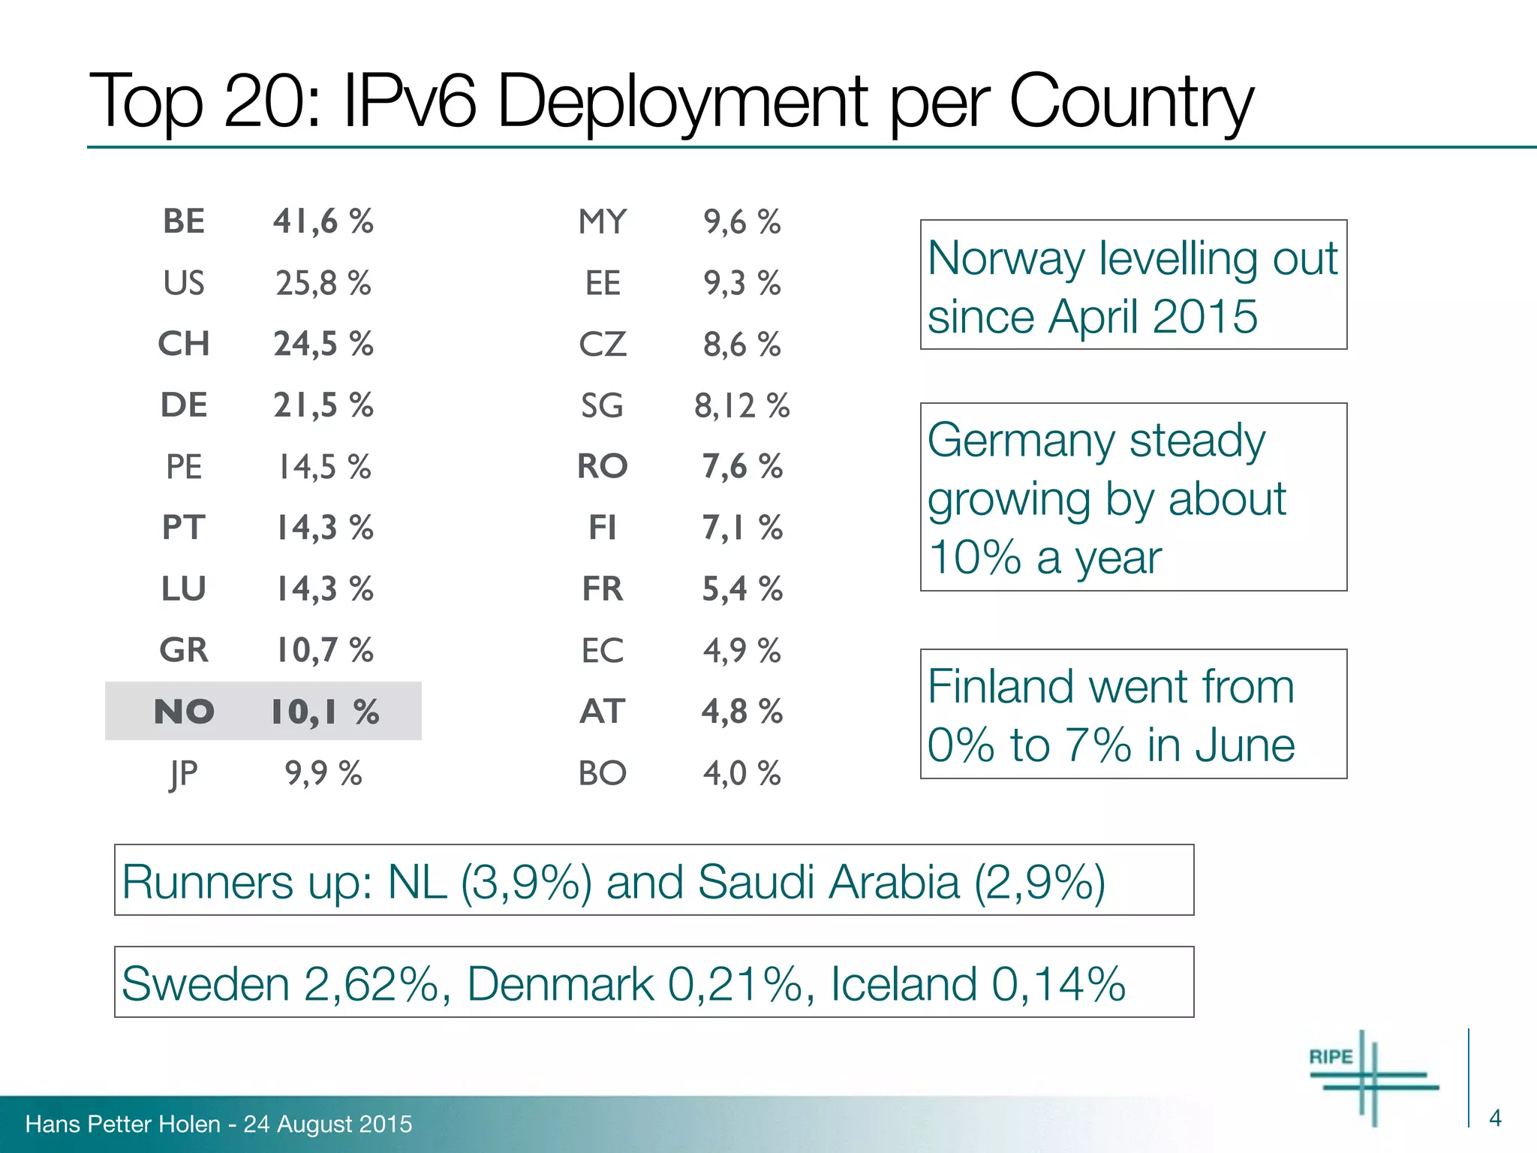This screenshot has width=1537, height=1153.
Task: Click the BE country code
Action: [x=184, y=221]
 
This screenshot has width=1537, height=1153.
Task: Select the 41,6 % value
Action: [x=323, y=221]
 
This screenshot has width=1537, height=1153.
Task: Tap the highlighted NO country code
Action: [x=184, y=712]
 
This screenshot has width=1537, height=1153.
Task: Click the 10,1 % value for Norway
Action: [x=325, y=712]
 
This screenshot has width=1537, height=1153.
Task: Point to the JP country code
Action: [x=184, y=774]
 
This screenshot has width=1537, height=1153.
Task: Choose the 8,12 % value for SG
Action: [x=741, y=406]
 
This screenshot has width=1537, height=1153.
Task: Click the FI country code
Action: [x=603, y=528]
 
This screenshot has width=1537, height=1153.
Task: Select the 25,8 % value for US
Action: [x=323, y=283]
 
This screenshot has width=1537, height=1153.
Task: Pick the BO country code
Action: [x=603, y=773]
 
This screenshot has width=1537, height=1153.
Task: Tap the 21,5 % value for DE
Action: [x=323, y=405]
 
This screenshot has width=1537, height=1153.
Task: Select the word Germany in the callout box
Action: [x=1021, y=441]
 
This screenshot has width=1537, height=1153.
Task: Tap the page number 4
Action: [x=1495, y=1118]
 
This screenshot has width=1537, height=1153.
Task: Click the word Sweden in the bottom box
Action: [x=205, y=984]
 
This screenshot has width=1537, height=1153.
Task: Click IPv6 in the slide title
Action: [x=409, y=101]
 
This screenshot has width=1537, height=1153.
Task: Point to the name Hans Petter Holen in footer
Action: [x=123, y=1124]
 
